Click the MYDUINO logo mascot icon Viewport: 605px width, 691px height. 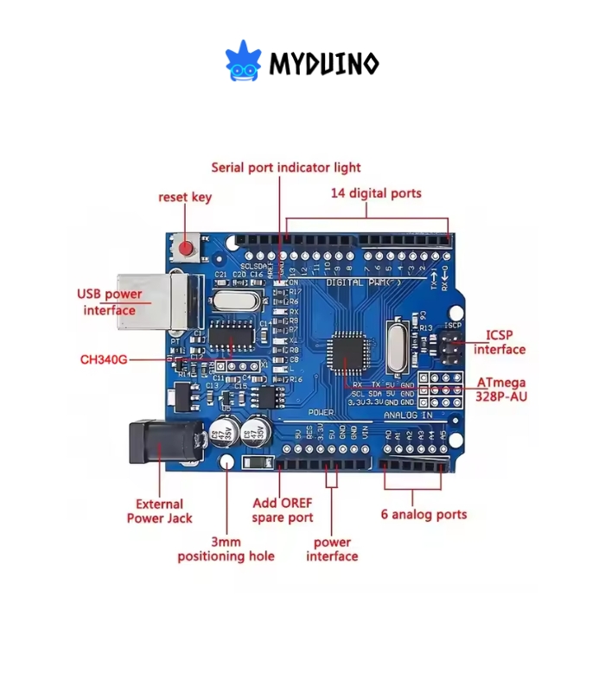pyautogui.click(x=243, y=61)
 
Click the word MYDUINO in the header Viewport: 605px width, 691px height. pyautogui.click(x=323, y=63)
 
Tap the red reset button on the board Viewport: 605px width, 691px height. pyautogui.click(x=186, y=250)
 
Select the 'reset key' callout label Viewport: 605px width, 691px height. pyautogui.click(x=185, y=197)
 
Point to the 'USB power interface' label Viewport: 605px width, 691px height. pyautogui.click(x=110, y=302)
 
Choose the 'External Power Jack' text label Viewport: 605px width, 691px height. pyautogui.click(x=160, y=511)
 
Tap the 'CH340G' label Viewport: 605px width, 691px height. pyautogui.click(x=104, y=358)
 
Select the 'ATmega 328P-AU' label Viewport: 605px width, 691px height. pyautogui.click(x=501, y=390)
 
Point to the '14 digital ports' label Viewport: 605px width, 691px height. pyautogui.click(x=376, y=193)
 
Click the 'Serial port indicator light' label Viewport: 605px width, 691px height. pyautogui.click(x=286, y=167)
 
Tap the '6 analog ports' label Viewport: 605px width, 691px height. pyautogui.click(x=423, y=514)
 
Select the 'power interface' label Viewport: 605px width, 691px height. pyautogui.click(x=332, y=549)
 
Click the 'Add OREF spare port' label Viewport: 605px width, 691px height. pyautogui.click(x=283, y=510)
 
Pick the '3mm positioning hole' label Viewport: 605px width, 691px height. pyautogui.click(x=226, y=548)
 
